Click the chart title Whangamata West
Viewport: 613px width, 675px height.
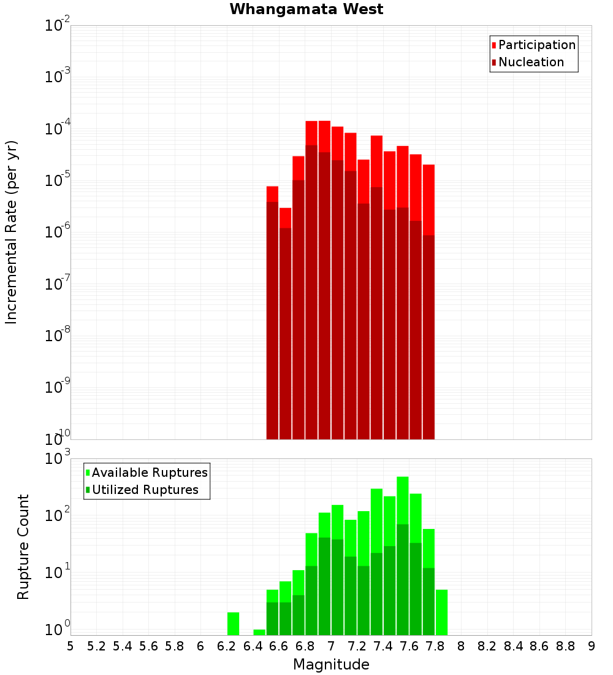[x=306, y=9]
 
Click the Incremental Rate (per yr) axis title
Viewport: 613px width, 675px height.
[x=12, y=232]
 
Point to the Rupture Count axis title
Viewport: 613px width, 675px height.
[x=23, y=547]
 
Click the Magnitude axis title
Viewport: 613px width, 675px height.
[x=331, y=665]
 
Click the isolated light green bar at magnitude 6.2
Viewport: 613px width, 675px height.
[x=233, y=623]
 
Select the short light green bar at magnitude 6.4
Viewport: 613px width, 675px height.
[x=259, y=632]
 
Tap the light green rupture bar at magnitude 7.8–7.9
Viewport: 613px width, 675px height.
[x=441, y=612]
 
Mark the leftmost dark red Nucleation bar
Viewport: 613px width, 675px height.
[x=272, y=319]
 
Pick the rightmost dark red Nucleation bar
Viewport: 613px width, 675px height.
[x=428, y=337]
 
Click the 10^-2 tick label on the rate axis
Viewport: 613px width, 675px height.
[x=58, y=26]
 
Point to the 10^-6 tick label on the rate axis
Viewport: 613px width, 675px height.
[x=58, y=233]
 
